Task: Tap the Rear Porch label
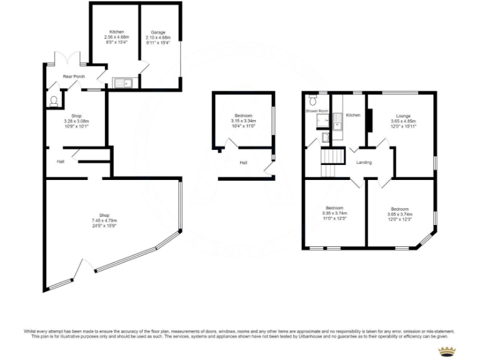point(74,76)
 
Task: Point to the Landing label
point(364,162)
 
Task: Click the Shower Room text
point(317,111)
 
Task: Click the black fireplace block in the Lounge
point(369,120)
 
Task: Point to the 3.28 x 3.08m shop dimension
point(76,121)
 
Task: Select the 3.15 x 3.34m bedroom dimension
point(243,121)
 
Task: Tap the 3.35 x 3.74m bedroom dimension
point(334,212)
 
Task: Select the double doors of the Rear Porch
point(69,59)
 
